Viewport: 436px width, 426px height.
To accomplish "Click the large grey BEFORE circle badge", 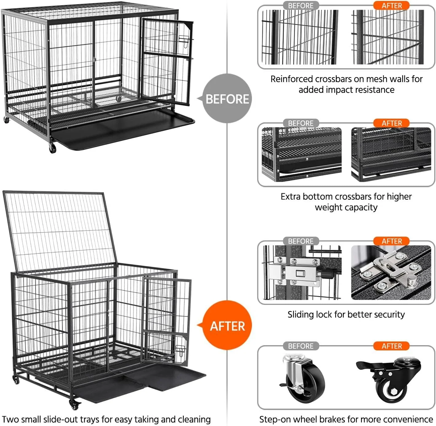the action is click(x=227, y=98).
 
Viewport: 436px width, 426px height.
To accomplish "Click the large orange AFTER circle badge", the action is click(x=227, y=325).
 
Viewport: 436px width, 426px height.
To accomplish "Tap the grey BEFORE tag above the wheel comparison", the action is click(x=301, y=346).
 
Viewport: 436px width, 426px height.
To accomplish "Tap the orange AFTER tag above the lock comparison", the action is click(x=391, y=241).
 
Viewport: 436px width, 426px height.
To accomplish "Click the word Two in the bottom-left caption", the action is click(x=9, y=419).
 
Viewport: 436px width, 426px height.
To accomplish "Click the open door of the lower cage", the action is click(x=167, y=321).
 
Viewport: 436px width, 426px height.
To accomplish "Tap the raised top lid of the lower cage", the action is click(x=60, y=231).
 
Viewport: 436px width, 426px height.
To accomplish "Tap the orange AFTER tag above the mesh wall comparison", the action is click(x=391, y=6).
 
